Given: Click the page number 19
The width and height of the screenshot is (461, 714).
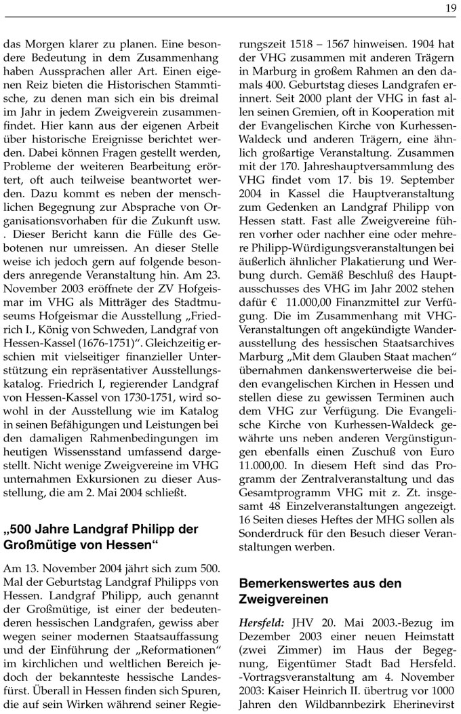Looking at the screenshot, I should [x=451, y=7].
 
